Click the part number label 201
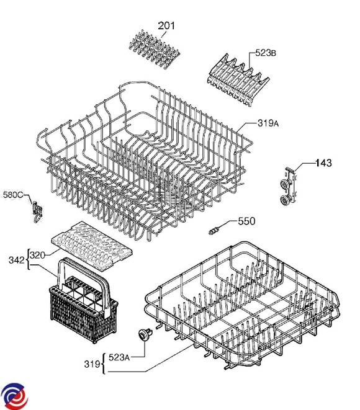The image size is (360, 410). pos(166,25)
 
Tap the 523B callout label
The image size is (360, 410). pos(266,53)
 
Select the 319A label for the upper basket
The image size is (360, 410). pos(268,123)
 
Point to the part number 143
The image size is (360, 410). pos(323,163)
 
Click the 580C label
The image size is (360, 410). pos(13,195)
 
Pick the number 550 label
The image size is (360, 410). pos(246,221)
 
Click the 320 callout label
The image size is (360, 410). pos(38,255)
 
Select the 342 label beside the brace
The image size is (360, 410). pos(17,260)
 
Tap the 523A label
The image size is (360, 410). pos(119,357)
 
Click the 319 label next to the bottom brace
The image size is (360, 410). pos(92,364)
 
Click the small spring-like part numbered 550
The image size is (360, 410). pos(214,231)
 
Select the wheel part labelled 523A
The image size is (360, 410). pos(145,335)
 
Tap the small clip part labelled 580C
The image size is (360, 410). pos(37,212)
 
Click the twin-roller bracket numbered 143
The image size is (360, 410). pos(289,187)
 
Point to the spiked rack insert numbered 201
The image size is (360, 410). pos(155,49)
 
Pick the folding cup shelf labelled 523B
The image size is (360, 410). pos(238,80)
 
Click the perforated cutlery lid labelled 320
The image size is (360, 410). pos(92,243)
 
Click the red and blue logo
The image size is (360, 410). pos(14,396)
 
